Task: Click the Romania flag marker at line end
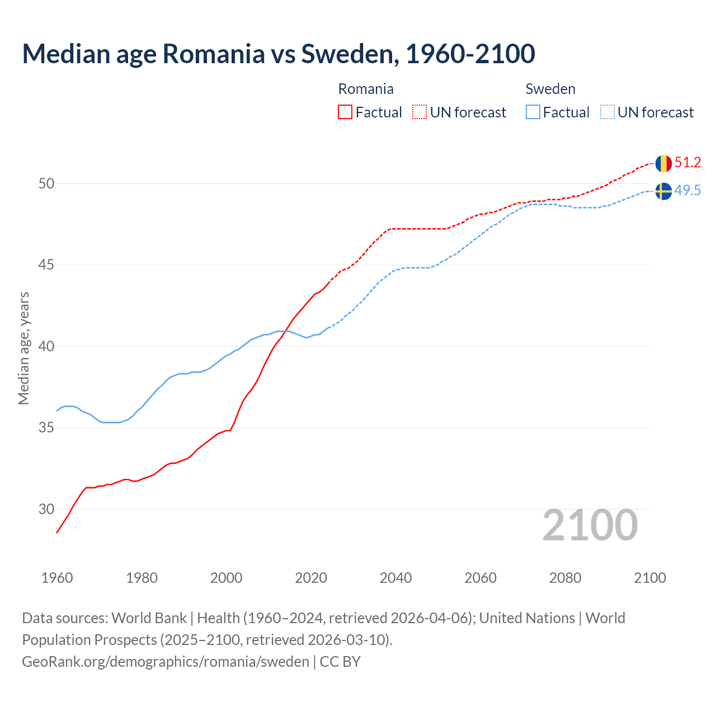point(663,163)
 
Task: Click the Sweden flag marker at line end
point(663,191)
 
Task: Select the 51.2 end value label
point(687,163)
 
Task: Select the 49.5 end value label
point(687,191)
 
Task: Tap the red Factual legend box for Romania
point(345,112)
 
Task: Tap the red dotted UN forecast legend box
point(420,112)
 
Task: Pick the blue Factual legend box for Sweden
point(533,112)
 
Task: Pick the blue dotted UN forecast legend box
point(607,112)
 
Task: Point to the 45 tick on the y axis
point(46,265)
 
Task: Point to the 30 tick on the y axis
point(46,509)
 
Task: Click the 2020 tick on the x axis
point(311,578)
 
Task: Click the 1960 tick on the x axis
point(57,578)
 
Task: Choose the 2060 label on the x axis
point(481,578)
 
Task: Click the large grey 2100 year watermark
point(590,525)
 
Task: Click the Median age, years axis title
point(23,348)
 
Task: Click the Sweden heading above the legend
point(550,89)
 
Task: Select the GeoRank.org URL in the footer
point(165,662)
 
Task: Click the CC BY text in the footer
point(340,662)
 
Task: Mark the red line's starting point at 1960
point(57,533)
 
